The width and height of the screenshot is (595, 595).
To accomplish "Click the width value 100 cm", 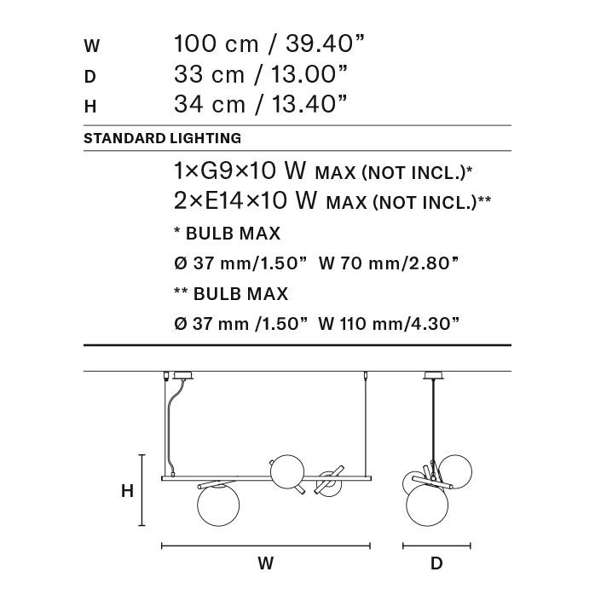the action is [216, 43].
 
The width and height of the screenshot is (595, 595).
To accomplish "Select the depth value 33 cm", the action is [209, 74].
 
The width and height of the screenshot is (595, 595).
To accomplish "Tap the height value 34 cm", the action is [210, 104].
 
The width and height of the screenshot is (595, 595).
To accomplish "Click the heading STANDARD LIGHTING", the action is [163, 138].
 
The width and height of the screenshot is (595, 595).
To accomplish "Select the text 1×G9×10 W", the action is [240, 170].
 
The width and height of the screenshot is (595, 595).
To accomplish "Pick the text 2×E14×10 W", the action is [246, 200].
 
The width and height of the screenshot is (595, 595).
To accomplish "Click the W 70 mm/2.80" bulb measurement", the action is [389, 263].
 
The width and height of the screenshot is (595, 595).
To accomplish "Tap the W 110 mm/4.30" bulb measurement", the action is [389, 324].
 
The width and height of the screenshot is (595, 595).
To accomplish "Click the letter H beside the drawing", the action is [128, 491].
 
